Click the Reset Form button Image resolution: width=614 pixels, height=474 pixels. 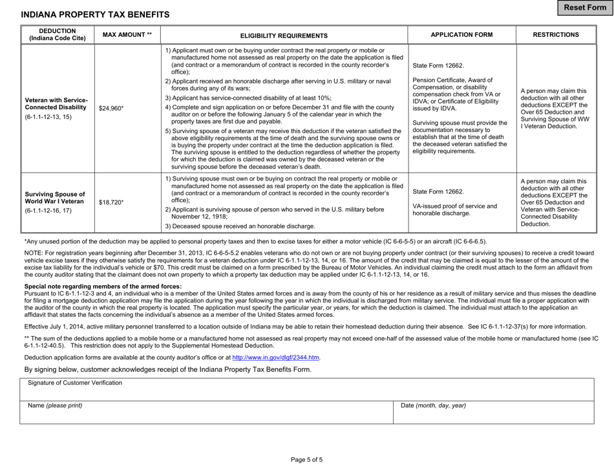(586, 7)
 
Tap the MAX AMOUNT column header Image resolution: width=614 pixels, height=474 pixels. (127, 35)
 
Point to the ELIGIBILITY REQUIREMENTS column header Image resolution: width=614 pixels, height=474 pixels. (284, 36)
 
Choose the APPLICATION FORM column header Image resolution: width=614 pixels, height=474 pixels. (461, 35)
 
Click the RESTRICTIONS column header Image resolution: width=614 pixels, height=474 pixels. (555, 35)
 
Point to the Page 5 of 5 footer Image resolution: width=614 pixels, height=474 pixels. (306, 460)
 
